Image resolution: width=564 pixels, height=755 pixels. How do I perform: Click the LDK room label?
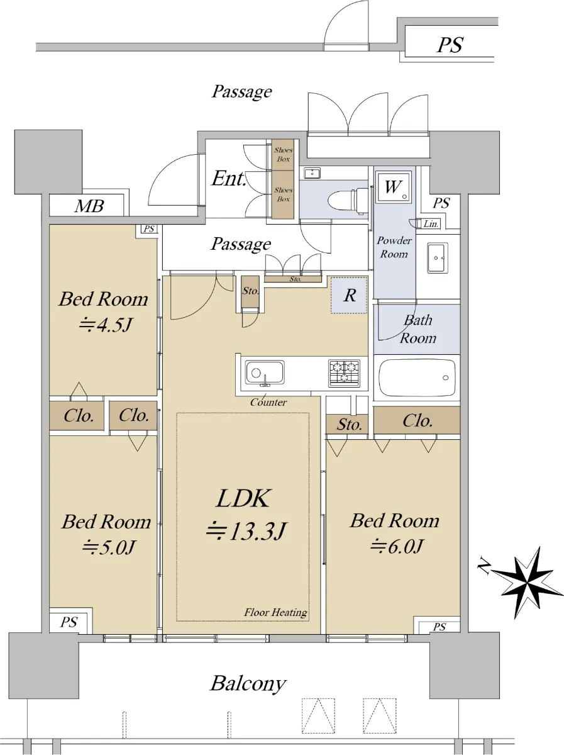click(243, 498)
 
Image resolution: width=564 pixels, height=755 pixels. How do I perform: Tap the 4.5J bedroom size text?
click(106, 324)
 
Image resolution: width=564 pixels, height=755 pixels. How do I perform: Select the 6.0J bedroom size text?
click(396, 546)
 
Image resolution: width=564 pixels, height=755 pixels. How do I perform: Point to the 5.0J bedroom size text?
click(109, 547)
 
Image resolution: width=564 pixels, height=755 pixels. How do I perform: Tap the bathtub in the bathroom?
click(417, 377)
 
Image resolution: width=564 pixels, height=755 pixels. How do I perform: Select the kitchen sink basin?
click(264, 372)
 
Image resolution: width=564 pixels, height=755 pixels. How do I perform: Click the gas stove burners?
click(344, 373)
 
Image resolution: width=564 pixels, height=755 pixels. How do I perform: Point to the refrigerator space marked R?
click(349, 295)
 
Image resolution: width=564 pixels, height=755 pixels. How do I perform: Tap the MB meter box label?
click(89, 206)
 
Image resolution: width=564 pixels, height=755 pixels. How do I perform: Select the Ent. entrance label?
click(229, 178)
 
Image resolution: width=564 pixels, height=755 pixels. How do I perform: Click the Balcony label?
click(248, 683)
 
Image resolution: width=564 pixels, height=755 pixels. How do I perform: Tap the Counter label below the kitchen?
click(268, 402)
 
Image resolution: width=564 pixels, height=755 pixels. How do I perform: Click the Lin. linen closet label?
click(431, 224)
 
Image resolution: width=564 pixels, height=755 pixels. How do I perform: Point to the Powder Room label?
click(394, 247)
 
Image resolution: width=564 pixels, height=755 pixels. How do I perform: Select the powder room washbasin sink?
click(438, 257)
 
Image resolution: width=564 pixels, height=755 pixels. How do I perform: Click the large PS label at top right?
click(451, 45)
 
